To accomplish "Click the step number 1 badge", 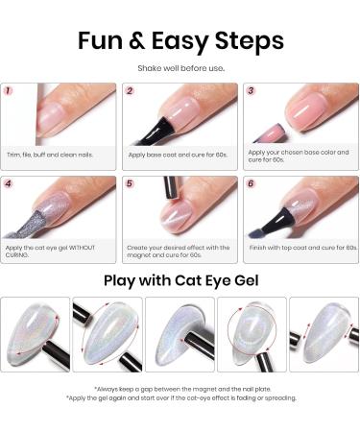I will click(9, 92).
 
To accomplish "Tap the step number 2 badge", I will click(130, 92).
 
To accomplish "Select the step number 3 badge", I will click(251, 92).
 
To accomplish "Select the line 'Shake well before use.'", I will click(180, 67).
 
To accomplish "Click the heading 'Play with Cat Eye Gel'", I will click(180, 281).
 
